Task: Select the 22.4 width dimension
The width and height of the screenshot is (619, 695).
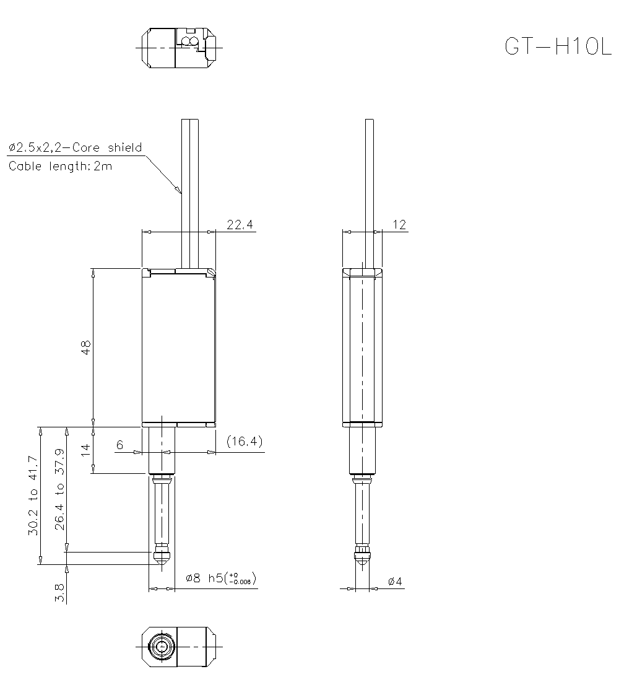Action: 240,225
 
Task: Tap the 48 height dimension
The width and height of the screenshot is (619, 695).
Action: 87,347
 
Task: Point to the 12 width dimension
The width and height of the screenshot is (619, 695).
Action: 400,225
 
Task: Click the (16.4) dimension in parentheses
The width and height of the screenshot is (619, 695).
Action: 245,442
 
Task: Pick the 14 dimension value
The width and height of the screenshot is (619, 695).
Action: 87,450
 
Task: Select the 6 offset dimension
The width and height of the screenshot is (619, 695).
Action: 119,445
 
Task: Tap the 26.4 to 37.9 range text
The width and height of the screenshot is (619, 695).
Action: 60,489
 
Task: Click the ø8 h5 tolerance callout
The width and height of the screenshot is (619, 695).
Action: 221,579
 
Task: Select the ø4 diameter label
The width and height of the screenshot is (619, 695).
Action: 395,582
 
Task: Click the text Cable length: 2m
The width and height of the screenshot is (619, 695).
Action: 60,166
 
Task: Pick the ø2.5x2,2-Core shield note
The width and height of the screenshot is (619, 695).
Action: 75,147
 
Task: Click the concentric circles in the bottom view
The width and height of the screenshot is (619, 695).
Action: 162,646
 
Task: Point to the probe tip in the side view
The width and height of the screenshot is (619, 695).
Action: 362,556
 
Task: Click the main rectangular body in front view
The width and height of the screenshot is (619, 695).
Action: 178,347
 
